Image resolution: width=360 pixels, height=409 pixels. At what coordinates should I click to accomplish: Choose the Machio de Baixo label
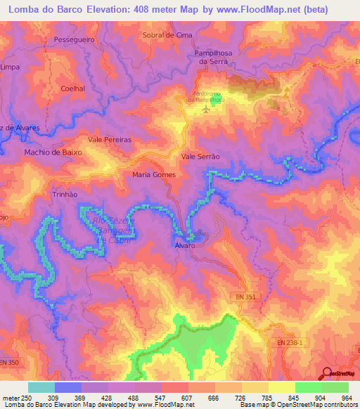point(53,152)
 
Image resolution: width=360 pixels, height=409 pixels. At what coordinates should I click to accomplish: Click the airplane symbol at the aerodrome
point(206,110)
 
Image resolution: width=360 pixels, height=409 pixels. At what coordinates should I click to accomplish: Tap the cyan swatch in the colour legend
point(41,387)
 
